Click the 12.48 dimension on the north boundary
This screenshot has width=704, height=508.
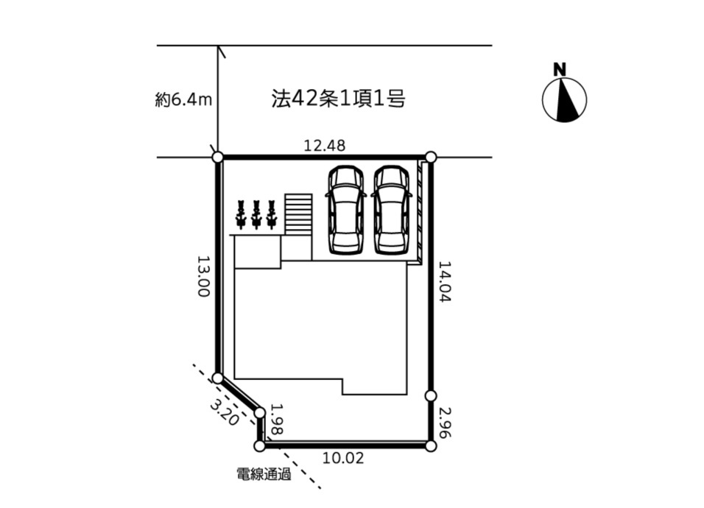[x=325, y=145]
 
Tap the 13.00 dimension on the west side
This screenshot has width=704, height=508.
[x=204, y=276]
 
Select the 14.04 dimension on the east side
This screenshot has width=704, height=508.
[x=445, y=281]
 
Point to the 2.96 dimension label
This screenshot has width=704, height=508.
[x=445, y=422]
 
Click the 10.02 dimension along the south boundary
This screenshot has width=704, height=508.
[x=343, y=458]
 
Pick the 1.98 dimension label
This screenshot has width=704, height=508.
[x=278, y=419]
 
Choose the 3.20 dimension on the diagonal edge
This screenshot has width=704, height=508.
[x=224, y=412]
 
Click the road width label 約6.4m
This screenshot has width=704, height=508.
[x=183, y=100]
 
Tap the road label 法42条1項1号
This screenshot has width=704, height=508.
[x=339, y=99]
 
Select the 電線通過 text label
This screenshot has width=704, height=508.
[x=264, y=474]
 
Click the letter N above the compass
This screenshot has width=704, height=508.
[x=560, y=69]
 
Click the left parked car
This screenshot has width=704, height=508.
[x=345, y=210]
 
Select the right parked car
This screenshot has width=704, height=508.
[x=391, y=210]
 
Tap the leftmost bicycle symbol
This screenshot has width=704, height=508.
[x=241, y=214]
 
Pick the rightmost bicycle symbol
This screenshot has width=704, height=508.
[x=271, y=214]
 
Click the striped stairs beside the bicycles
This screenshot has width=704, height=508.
[x=298, y=214]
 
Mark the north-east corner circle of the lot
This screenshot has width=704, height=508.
[x=431, y=157]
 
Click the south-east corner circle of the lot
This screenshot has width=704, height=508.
[x=431, y=446]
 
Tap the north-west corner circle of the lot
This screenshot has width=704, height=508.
[x=217, y=157]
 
